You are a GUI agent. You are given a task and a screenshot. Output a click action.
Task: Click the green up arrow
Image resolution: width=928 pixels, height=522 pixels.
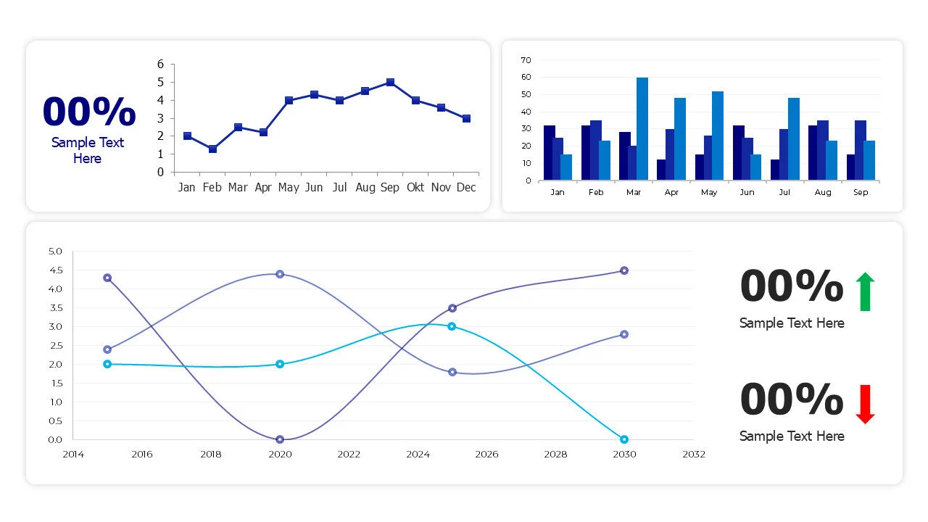pos(865,291)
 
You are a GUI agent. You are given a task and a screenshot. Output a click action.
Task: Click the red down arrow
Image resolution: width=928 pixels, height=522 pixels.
pos(865,405)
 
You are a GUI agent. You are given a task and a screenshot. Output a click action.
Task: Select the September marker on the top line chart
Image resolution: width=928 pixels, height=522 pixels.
pos(390,83)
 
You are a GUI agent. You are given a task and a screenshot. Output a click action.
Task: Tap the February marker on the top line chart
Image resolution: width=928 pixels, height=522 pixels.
pos(212,149)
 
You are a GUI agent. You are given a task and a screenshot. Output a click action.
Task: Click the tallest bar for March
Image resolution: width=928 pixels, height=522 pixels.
pos(642,128)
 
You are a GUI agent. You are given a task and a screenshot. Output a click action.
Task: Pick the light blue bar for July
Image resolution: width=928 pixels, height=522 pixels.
pos(793,138)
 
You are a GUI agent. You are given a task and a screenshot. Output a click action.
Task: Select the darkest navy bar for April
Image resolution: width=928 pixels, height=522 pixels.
pos(661,170)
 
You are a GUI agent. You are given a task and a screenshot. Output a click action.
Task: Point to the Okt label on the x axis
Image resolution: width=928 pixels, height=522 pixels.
pos(415,188)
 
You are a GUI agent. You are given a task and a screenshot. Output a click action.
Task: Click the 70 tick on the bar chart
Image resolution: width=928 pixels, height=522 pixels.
pos(526,60)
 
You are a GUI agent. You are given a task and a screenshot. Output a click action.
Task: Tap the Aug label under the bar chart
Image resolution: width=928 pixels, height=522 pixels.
pos(823,192)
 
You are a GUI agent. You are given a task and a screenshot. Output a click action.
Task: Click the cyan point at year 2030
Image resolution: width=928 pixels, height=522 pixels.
pos(624,439)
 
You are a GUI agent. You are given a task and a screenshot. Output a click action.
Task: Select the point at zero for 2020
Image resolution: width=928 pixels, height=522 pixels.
pos(280,439)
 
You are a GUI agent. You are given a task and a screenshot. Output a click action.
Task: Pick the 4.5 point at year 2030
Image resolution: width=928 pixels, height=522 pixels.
pos(624,270)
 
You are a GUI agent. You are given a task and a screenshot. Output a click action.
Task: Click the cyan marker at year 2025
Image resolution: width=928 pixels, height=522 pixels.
pos(452,326)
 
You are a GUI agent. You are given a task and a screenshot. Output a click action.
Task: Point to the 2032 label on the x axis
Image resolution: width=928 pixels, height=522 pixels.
pos(693,455)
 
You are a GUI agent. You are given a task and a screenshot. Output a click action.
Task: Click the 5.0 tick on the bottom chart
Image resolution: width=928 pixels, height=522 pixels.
pos(55,252)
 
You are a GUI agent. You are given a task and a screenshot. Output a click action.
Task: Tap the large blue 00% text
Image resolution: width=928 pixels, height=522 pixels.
pos(88,112)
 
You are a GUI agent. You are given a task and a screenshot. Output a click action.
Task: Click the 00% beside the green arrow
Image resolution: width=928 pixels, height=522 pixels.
pos(791,286)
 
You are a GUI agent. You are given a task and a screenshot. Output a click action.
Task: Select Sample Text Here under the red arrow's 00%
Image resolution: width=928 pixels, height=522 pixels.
pos(792,436)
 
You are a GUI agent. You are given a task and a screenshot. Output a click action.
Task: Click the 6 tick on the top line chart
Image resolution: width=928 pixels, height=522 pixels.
pos(160,65)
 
